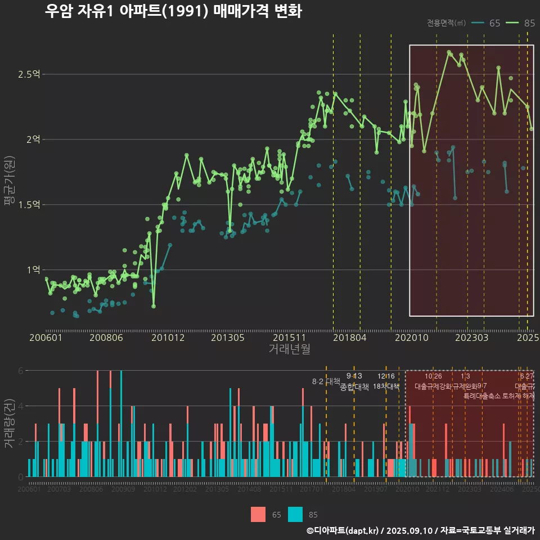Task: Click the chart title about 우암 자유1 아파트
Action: pos(173,12)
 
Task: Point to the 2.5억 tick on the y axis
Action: pos(28,74)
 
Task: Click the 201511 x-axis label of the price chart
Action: pos(290,337)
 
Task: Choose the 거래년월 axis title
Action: pos(289,349)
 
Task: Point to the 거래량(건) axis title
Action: pos(9,424)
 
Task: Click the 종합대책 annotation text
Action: pos(354,387)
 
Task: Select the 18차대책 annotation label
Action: pos(386,386)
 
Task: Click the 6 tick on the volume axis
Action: pos(21,371)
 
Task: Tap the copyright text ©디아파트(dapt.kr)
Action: pos(343,530)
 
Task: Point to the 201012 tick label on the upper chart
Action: pos(168,337)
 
